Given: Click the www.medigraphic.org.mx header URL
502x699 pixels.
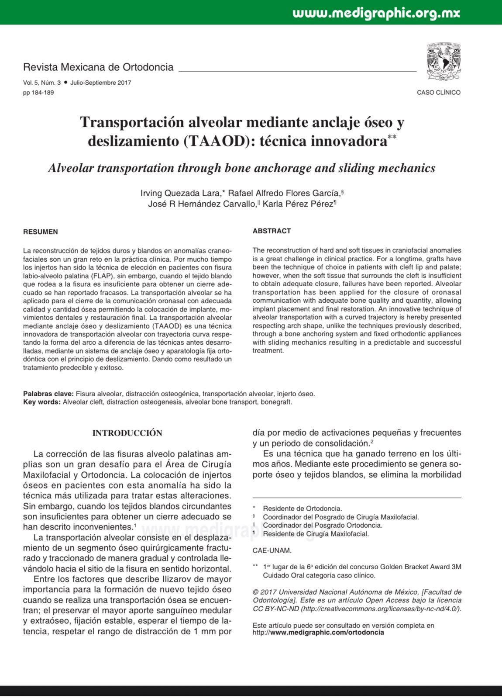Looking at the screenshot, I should tap(376, 13).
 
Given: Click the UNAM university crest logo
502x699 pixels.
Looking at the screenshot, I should tap(444, 62).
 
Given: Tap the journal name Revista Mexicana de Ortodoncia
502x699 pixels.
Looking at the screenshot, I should tap(98, 67).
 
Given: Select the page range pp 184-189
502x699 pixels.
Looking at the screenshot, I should tap(38, 93).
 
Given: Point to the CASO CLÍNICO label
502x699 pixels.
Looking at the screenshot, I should tap(439, 93).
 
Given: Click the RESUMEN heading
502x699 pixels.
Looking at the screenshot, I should tap(41, 232).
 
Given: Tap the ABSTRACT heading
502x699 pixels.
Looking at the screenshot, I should tap(272, 231).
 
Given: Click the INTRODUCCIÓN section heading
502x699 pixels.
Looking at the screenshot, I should tap(127, 433).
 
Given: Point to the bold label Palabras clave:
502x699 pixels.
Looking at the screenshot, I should tap(48, 394).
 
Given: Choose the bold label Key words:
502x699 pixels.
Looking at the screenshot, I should tap(42, 402).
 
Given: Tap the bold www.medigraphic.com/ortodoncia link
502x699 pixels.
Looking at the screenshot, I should tap(327, 632).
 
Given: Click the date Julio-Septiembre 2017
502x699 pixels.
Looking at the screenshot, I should tap(100, 83).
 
